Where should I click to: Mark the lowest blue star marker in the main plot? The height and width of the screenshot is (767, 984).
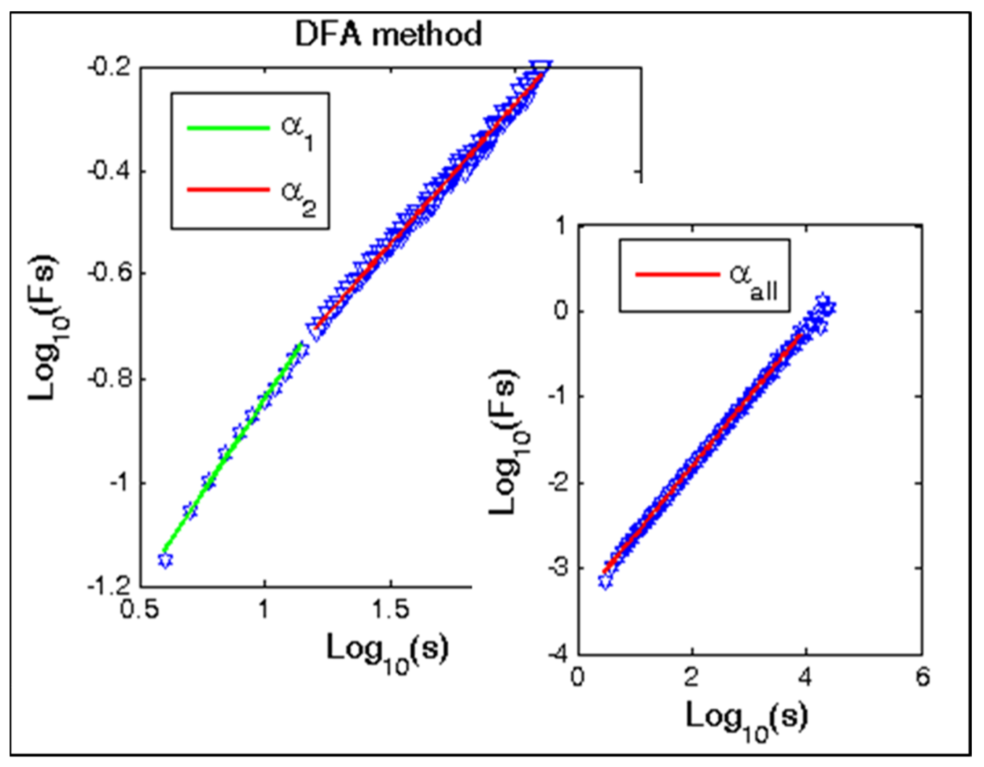(166, 560)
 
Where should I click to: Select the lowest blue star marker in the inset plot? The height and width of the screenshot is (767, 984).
(606, 581)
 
